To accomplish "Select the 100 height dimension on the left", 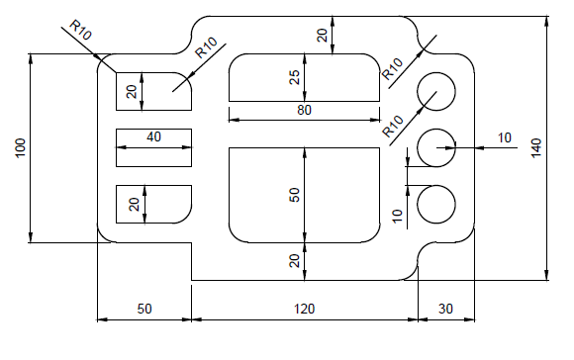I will pos(21,147).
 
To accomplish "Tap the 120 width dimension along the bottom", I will pos(304,309).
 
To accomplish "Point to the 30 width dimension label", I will pos(445,309).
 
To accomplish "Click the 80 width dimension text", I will pos(304,111).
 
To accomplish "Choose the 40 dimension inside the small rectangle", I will pos(153,136).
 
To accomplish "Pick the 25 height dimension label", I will pos(294,77).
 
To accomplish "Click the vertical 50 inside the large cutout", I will pos(294,194).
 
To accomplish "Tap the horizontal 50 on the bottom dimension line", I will pos(143,309).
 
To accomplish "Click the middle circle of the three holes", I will pos(435,147).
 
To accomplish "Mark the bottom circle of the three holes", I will pos(435,205).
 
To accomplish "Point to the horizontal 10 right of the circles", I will pos(506,137).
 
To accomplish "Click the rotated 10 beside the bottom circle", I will pos(398,214).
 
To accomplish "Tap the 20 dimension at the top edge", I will pos(322,35).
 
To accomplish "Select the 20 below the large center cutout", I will pos(294,260).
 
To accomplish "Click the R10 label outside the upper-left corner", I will pos(81,31).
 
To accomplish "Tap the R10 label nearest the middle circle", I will pos(393,125).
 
